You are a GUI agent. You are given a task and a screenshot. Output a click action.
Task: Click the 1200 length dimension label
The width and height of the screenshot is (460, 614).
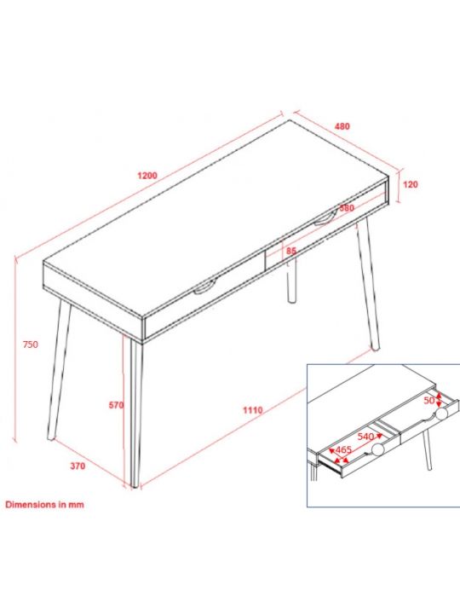click(x=147, y=176)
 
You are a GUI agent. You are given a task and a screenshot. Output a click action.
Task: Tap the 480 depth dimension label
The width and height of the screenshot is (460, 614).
click(x=342, y=126)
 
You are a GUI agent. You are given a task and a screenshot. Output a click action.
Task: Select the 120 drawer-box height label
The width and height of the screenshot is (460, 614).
click(x=411, y=184)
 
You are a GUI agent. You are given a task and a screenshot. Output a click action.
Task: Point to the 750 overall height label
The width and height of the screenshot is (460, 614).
click(x=31, y=345)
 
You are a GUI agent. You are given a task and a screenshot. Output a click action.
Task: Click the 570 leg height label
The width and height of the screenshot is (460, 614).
click(x=116, y=405)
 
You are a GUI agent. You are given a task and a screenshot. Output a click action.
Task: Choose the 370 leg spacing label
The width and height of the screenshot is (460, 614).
click(x=78, y=466)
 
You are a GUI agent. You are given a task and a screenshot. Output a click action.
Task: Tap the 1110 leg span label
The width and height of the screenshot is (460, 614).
click(x=253, y=410)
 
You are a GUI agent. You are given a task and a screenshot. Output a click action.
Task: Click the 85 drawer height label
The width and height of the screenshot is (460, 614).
click(x=291, y=251)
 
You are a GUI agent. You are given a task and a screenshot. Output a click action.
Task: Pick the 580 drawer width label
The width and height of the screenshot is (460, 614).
click(x=347, y=208)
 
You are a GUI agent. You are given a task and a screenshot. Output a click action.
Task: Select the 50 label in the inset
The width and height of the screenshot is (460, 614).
click(x=429, y=400)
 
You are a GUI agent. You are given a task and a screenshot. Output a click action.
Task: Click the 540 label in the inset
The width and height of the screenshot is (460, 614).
click(x=365, y=437)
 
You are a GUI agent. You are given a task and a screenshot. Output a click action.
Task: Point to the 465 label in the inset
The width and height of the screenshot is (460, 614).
click(x=343, y=450)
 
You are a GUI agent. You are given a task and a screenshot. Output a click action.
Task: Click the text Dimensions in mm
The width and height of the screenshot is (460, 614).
click(x=44, y=504)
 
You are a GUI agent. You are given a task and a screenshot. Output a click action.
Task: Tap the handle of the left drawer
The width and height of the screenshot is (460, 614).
click(x=204, y=287)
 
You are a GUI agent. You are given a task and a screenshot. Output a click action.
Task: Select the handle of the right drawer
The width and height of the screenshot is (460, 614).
click(x=325, y=219)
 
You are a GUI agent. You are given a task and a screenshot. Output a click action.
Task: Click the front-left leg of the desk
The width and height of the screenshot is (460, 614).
click(x=59, y=369)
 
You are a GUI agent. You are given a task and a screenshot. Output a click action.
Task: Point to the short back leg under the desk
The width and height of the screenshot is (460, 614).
click(x=292, y=281)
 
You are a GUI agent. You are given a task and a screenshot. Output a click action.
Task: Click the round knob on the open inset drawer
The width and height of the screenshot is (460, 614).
click(x=378, y=449)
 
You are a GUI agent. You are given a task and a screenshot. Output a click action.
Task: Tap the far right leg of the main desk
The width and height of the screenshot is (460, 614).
click(x=368, y=284)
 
